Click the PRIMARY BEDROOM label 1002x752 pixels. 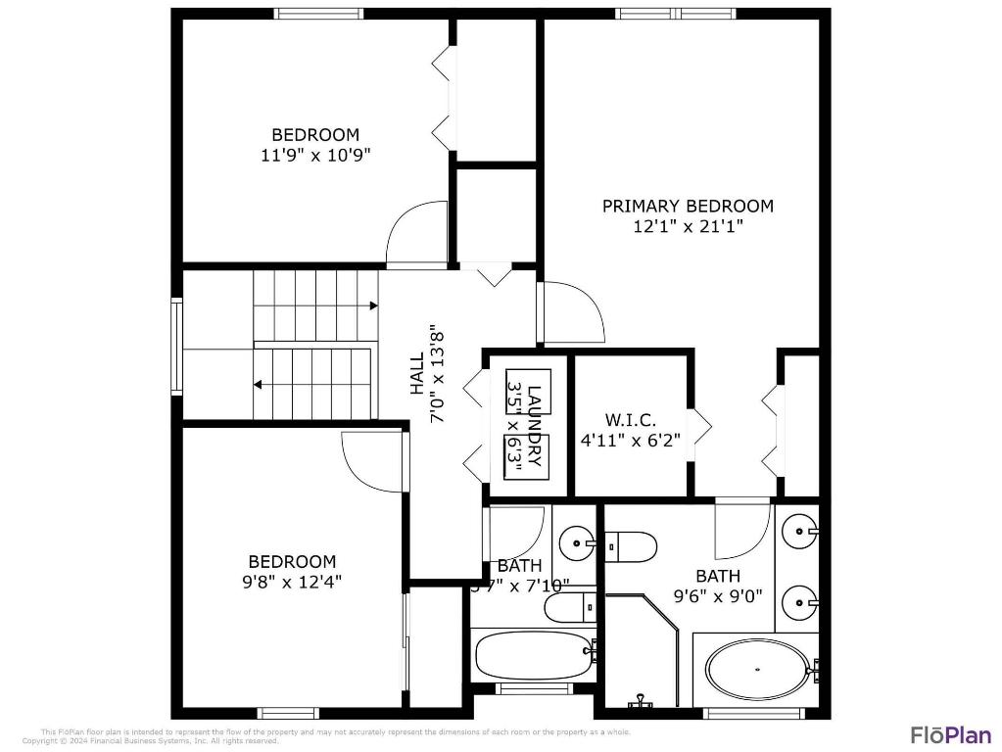point(688,206)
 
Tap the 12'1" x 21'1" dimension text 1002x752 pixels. point(688,226)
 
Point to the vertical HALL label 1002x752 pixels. point(417,373)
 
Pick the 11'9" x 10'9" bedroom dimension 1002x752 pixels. point(315,154)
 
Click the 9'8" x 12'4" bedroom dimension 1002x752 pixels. point(292,581)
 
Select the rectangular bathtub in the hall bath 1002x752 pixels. point(532,653)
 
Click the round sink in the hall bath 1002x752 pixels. point(578,540)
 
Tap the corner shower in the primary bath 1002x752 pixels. point(642,651)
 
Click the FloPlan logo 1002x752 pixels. point(950,734)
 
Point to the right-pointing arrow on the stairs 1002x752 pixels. point(373,305)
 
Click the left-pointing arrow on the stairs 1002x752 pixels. point(259,385)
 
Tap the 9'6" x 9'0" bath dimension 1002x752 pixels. point(718,596)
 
